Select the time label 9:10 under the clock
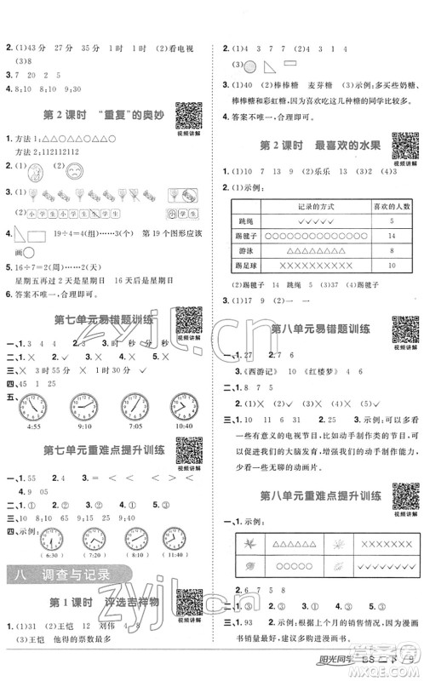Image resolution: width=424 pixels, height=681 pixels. click(x=83, y=426)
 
